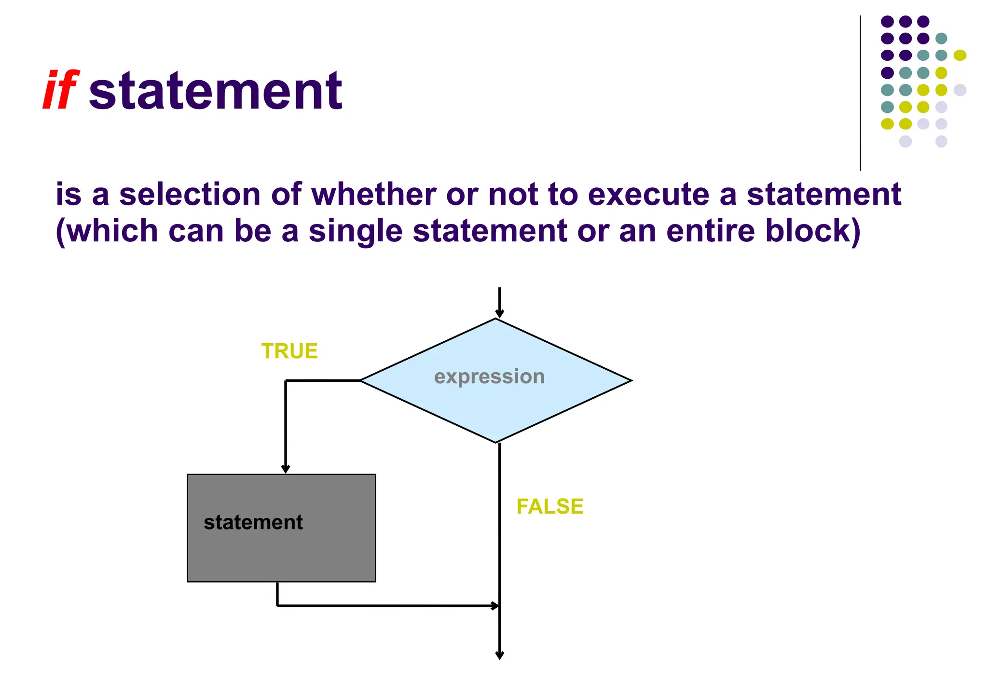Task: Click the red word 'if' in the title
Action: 60,91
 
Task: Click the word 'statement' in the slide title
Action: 215,91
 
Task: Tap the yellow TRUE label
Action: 289,351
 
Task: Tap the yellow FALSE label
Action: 549,506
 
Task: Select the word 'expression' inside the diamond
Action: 489,377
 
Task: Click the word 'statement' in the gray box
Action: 253,522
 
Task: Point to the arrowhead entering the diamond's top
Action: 499,314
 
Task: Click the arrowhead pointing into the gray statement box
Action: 286,469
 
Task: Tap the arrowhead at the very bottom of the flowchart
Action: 500,655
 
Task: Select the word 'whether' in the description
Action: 374,194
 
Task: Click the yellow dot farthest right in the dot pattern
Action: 960,56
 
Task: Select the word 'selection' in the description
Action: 190,194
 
